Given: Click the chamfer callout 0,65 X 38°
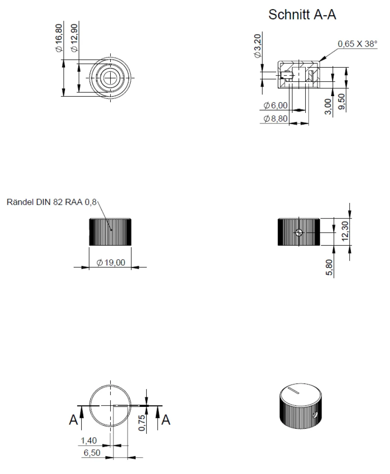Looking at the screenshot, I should [357, 44].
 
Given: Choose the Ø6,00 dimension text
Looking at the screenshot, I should [276, 105].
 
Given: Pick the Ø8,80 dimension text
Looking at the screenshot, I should [276, 118].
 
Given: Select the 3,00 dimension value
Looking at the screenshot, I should [328, 106].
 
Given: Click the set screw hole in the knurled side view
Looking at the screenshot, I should [300, 233].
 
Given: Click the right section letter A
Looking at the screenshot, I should [165, 420].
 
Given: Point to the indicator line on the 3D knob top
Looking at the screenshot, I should [294, 391].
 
